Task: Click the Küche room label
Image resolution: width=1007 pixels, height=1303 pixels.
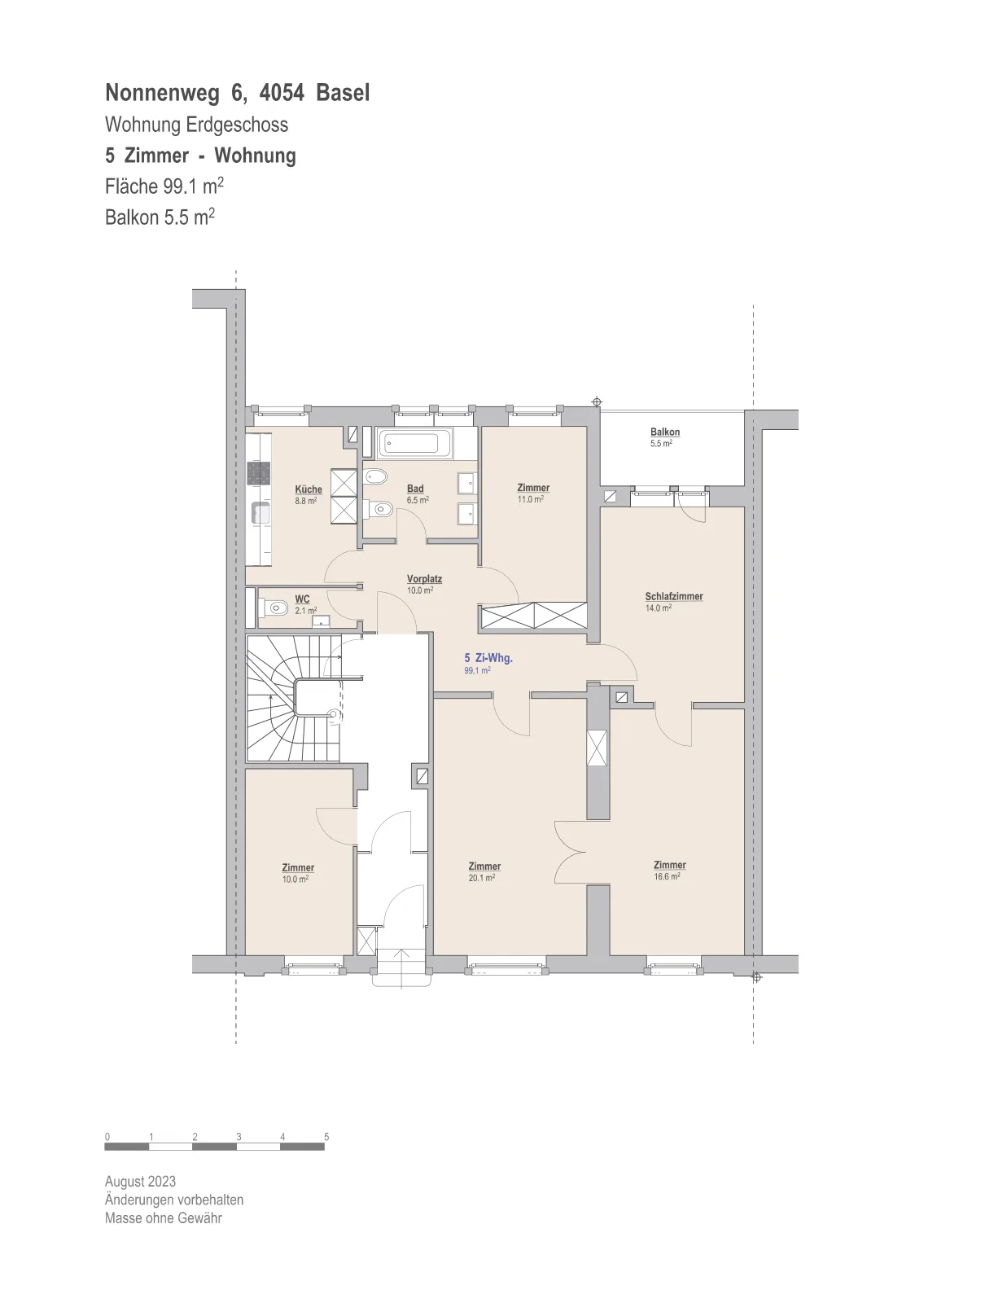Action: (x=308, y=489)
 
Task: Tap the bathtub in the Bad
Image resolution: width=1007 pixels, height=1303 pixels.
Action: (x=414, y=444)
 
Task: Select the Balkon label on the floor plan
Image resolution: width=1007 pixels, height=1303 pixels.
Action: (x=665, y=432)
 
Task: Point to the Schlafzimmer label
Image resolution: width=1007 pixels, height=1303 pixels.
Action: (x=674, y=596)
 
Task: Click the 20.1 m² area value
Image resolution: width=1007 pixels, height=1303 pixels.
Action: (x=481, y=877)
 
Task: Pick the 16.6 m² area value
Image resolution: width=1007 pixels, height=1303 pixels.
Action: (x=667, y=876)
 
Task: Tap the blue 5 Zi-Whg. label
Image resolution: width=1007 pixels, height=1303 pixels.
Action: (x=488, y=658)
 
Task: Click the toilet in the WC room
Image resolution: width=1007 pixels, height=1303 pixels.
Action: (x=274, y=608)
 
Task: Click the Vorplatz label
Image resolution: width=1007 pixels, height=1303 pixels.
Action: (x=424, y=579)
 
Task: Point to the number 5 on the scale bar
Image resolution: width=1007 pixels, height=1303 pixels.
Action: (x=326, y=1136)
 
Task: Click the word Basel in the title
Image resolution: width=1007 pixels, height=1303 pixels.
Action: (x=343, y=93)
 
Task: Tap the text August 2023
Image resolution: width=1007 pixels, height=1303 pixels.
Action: (x=140, y=1182)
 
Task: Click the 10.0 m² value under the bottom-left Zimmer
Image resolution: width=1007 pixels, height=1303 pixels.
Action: (x=296, y=879)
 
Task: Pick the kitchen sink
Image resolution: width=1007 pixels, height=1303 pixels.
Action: (x=261, y=513)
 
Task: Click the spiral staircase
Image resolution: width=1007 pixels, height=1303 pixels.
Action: (x=294, y=698)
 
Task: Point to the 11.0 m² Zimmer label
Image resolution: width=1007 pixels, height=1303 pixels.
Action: (x=533, y=488)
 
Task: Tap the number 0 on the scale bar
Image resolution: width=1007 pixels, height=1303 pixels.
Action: (x=107, y=1136)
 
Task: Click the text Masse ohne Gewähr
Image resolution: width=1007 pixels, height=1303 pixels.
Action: (x=163, y=1217)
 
